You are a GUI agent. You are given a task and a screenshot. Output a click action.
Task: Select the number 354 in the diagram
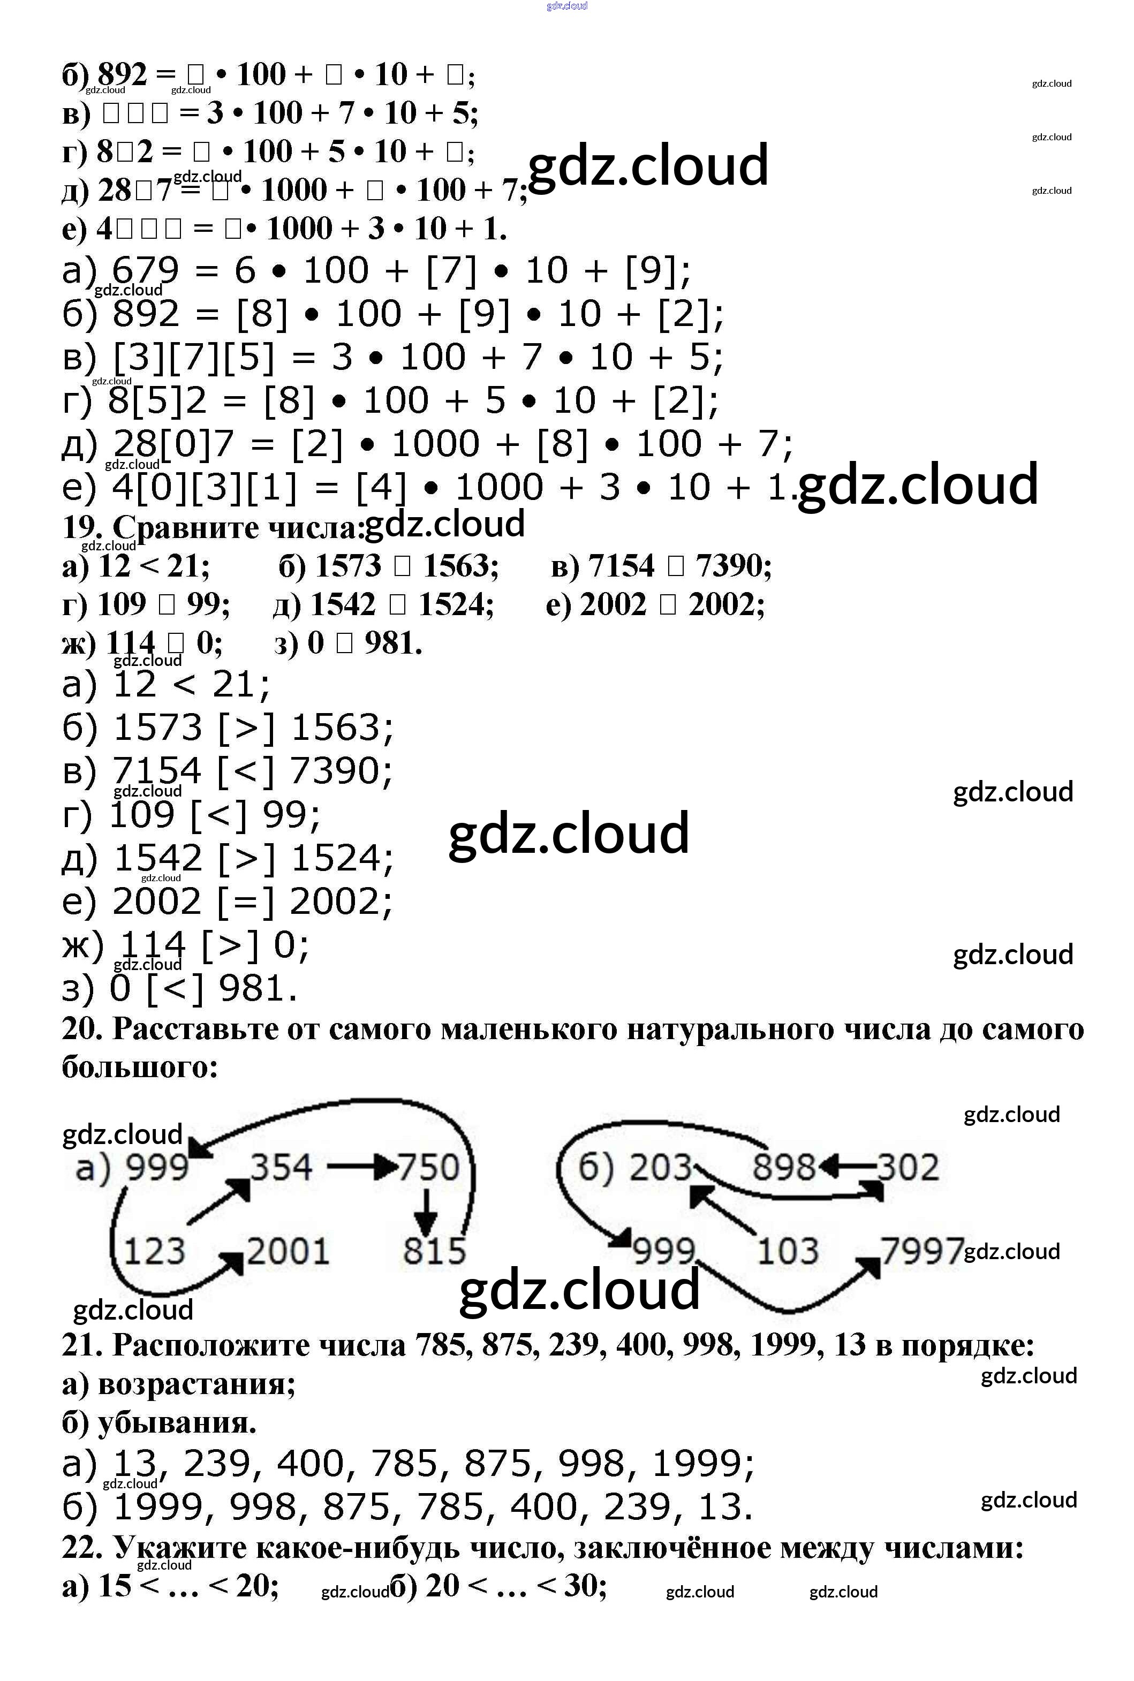pos(281,1167)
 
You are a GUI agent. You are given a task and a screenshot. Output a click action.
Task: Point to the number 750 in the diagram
pos(429,1168)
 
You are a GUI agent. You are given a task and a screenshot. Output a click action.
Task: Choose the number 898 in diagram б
pos(784,1167)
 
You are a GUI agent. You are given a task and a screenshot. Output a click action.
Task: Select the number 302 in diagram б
pos(909,1167)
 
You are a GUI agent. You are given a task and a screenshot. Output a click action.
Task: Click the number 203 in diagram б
pos(660,1167)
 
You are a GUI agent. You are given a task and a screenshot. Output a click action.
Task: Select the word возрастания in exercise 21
pos(196,1384)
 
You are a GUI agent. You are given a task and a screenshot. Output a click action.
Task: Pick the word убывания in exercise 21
pos(177,1423)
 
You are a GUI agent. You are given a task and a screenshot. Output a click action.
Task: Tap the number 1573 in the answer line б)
pos(157,728)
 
